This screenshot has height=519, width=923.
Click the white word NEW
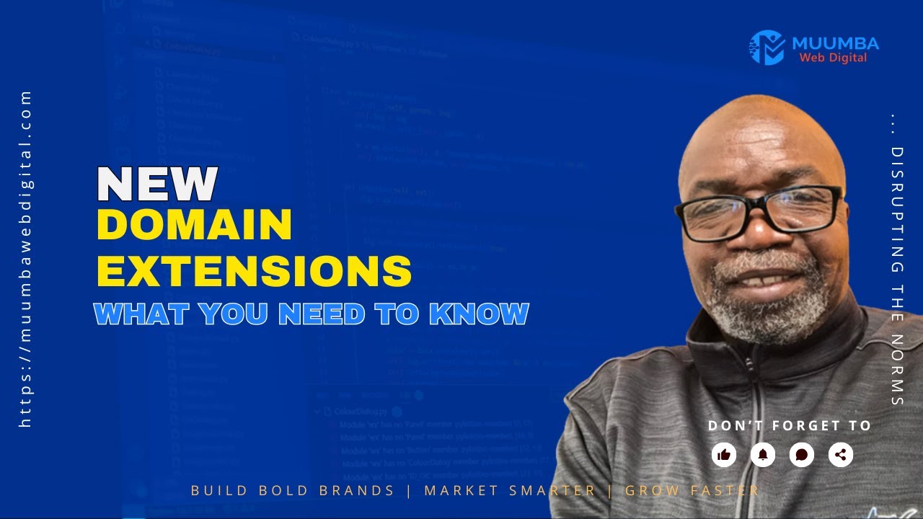pyautogui.click(x=157, y=185)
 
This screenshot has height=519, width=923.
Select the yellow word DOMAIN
pyautogui.click(x=195, y=226)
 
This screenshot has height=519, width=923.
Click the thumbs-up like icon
pyautogui.click(x=724, y=455)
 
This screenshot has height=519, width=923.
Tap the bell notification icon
pyautogui.click(x=763, y=455)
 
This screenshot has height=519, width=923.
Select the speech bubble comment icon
pyautogui.click(x=802, y=455)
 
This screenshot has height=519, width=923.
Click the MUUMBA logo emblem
pyautogui.click(x=767, y=48)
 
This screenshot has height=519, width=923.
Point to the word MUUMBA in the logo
pyautogui.click(x=834, y=43)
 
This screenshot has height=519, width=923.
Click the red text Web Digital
pyautogui.click(x=833, y=58)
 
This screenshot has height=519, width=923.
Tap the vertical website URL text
pyautogui.click(x=27, y=259)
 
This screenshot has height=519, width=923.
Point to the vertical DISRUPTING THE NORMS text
pyautogui.click(x=897, y=267)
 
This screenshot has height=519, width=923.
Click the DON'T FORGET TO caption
pyautogui.click(x=790, y=426)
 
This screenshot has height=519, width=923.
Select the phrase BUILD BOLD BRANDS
pyautogui.click(x=293, y=491)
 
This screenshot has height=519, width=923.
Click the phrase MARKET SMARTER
pyautogui.click(x=510, y=491)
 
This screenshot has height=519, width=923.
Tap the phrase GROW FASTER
pyautogui.click(x=692, y=491)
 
